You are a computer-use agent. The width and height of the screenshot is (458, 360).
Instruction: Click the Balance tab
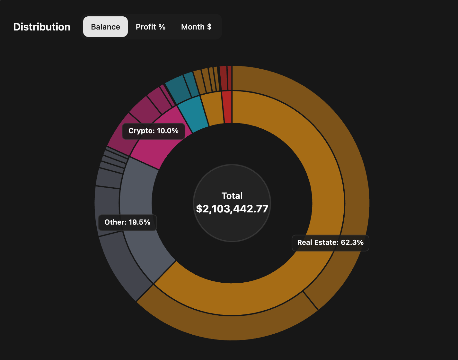click(105, 27)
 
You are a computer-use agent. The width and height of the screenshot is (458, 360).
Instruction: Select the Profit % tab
click(150, 27)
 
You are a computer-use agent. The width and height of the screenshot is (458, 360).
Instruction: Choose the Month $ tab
click(196, 27)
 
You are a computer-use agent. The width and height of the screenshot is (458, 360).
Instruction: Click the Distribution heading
click(42, 27)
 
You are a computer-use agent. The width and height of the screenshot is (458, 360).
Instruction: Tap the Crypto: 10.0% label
click(154, 131)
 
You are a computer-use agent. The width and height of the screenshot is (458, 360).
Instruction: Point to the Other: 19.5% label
click(128, 222)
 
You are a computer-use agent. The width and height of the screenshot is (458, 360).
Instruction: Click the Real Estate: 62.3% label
click(330, 243)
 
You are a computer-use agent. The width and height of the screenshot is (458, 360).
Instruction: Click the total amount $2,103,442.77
click(232, 209)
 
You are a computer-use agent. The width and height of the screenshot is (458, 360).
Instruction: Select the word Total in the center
click(232, 196)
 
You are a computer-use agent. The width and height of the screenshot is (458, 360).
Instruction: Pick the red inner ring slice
click(227, 107)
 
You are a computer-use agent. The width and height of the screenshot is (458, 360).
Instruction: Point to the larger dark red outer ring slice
click(223, 78)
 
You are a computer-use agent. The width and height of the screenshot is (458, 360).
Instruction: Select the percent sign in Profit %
click(162, 27)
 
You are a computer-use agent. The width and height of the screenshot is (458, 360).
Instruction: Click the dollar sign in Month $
click(209, 27)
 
